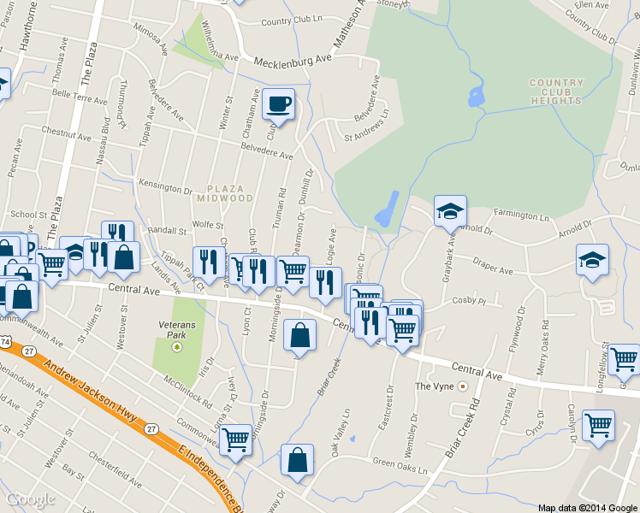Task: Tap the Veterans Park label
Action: (177, 330)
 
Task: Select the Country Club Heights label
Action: (555, 91)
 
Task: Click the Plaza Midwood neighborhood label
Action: (229, 192)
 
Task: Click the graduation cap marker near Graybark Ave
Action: (450, 210)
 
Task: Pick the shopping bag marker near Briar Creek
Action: (299, 334)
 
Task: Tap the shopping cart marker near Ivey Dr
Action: (235, 439)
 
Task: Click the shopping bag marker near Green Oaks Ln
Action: (297, 459)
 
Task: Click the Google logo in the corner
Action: (31, 499)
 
